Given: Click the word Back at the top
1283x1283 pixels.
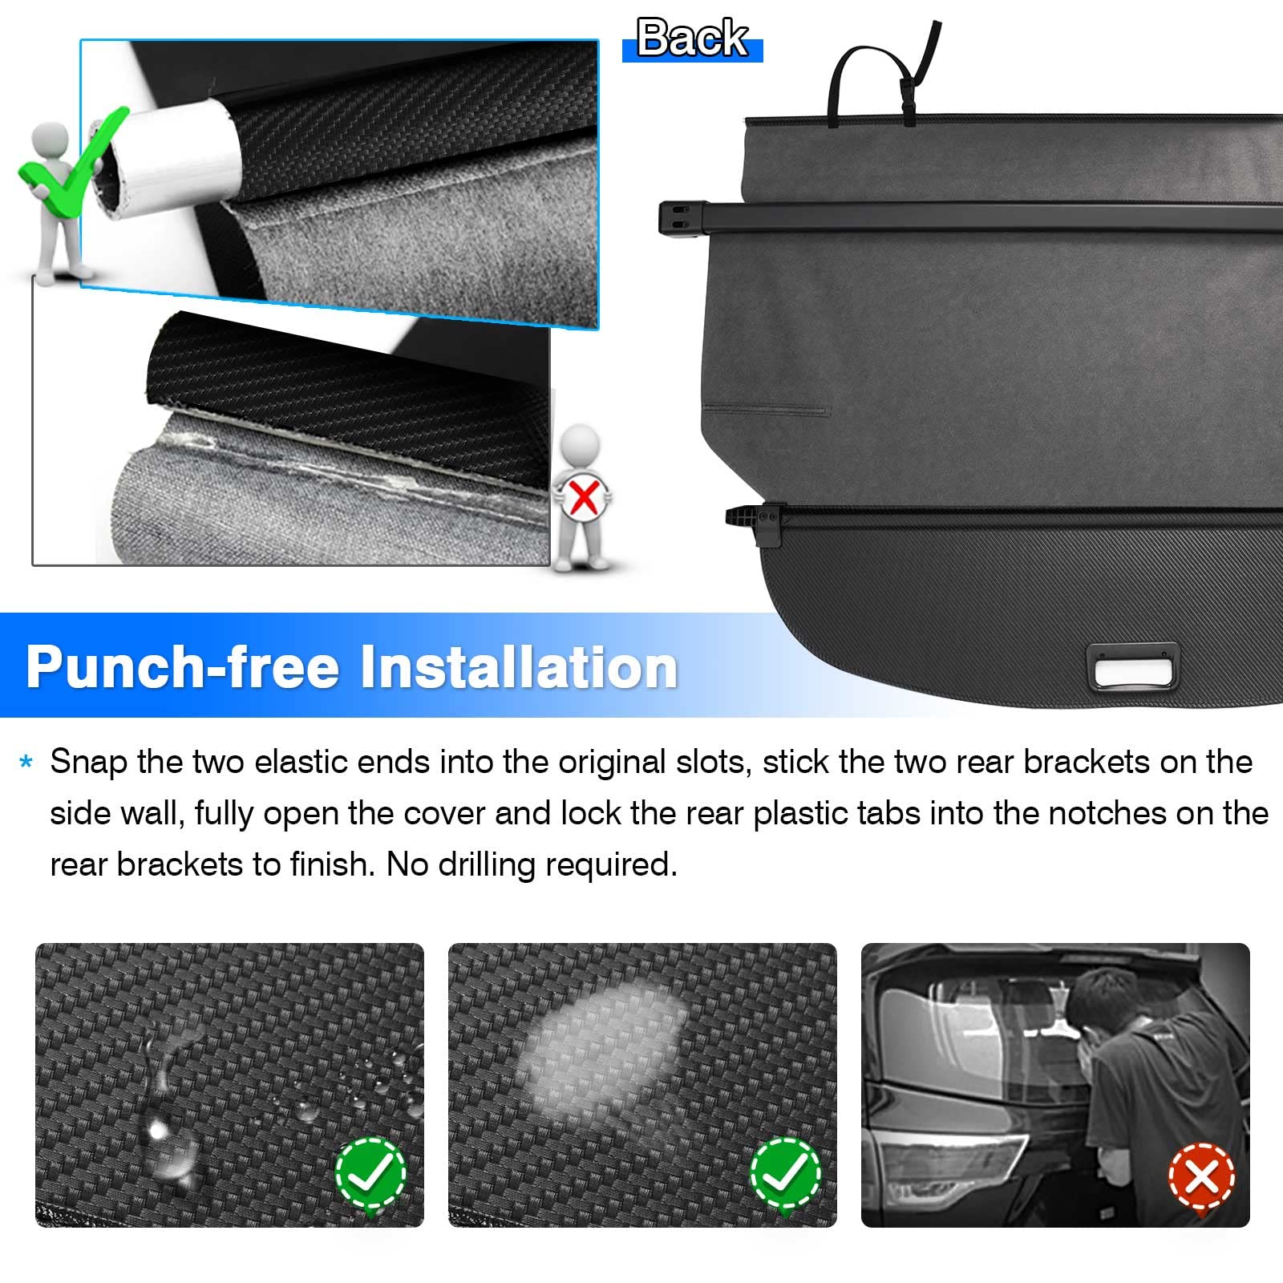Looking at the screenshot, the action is click(x=692, y=38).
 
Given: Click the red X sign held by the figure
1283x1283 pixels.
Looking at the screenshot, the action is click(x=583, y=497).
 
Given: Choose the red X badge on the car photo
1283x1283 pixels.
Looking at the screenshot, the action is click(x=1201, y=1177).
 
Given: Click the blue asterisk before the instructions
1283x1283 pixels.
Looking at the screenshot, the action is click(x=26, y=762).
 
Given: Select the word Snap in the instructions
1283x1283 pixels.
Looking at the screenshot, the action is click(x=88, y=763).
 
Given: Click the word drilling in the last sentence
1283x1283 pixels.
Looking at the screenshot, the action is click(x=487, y=864).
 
